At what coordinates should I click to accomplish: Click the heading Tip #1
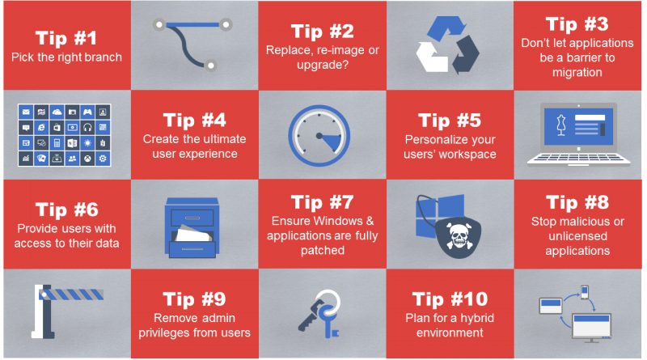point(66,38)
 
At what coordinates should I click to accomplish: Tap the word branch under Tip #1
point(102,57)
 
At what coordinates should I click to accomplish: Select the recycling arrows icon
point(447,44)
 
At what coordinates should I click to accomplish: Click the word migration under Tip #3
point(577,72)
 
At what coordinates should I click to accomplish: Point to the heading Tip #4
point(194,121)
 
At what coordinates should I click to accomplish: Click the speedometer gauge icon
point(319,135)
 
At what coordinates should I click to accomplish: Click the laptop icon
point(578,134)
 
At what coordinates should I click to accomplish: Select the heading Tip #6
point(67,210)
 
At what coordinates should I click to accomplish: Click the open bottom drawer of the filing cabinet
point(192,247)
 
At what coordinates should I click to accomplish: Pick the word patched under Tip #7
point(322,250)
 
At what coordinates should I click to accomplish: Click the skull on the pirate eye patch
point(459,235)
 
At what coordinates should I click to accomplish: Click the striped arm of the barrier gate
point(71,294)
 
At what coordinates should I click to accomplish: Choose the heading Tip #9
point(194,299)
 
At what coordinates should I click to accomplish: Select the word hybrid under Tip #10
point(476,318)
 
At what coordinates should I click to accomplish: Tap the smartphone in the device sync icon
point(584,292)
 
